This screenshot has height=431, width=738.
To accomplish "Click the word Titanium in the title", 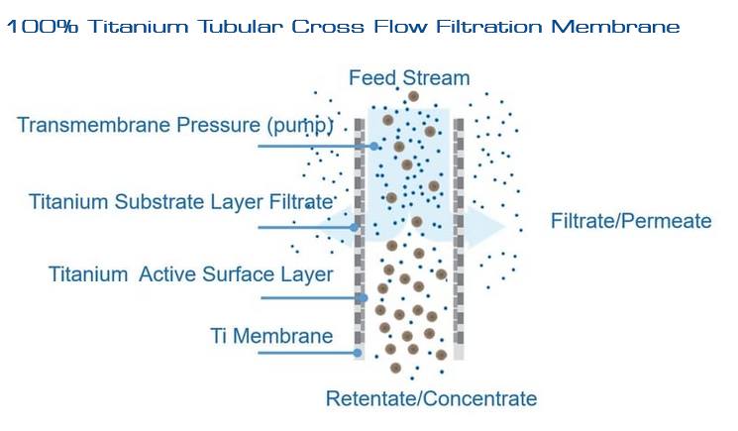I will [130, 27].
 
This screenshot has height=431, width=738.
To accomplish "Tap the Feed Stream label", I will [409, 77].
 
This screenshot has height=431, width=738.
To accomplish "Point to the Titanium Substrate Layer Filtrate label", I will [179, 202].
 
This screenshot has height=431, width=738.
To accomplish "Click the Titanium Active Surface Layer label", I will [191, 274].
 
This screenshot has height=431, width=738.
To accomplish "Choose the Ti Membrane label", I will [271, 336].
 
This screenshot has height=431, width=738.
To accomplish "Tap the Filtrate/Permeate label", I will [631, 220].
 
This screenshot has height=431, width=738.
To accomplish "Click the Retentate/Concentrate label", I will [431, 399].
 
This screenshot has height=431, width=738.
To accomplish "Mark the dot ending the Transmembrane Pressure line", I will [374, 147].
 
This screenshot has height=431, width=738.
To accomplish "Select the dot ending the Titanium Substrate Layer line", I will [355, 227].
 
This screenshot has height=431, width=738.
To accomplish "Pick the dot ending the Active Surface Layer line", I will [364, 297].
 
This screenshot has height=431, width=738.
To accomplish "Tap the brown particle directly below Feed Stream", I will [413, 96].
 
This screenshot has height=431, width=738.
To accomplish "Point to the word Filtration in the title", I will [475, 27].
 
